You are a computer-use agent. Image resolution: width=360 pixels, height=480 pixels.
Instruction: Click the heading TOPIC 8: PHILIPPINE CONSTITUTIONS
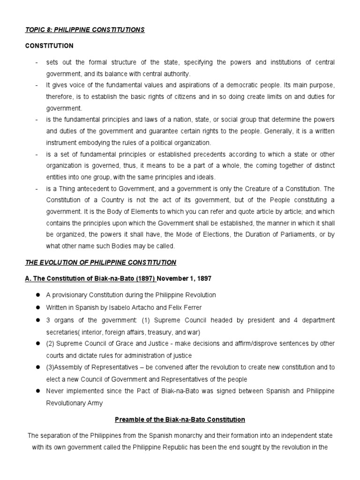coord(85,30)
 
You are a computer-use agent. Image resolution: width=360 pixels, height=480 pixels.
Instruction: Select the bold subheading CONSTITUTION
coord(49,46)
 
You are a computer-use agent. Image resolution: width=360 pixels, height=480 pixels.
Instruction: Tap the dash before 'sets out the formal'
coord(36,62)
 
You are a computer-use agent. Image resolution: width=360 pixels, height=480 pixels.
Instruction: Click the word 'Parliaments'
coord(297,234)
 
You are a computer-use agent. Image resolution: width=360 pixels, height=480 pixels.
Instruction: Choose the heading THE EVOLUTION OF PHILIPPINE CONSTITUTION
coord(100,262)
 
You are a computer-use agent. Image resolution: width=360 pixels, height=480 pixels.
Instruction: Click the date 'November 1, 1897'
coord(184,278)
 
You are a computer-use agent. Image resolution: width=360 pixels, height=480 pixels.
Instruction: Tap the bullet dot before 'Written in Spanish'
coord(36,307)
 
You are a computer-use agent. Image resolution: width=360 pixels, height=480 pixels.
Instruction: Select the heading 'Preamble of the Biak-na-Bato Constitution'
coord(180,419)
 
